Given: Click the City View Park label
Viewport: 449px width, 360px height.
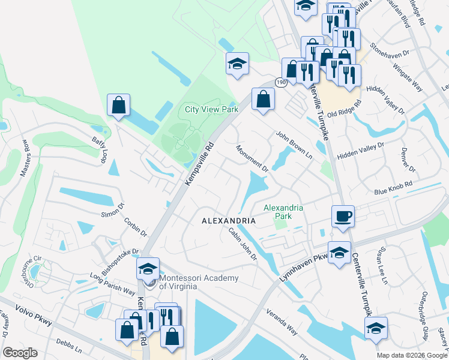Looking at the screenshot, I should pyautogui.click(x=211, y=109).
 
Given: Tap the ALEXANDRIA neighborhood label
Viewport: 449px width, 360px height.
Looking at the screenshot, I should pyautogui.click(x=228, y=221).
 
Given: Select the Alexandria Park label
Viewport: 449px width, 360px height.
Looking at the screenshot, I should pyautogui.click(x=283, y=212).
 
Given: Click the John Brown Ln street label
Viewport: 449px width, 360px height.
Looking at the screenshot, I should pyautogui.click(x=294, y=144).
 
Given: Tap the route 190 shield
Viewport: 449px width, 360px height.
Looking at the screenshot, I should pyautogui.click(x=282, y=81).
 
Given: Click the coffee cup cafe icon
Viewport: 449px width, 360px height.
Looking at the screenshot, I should pyautogui.click(x=343, y=216).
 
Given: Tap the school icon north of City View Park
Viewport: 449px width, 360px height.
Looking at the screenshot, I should pyautogui.click(x=237, y=64).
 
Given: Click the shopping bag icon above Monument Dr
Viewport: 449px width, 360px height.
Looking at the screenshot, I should pyautogui.click(x=263, y=98).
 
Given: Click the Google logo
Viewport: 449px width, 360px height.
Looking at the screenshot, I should pyautogui.click(x=20, y=353).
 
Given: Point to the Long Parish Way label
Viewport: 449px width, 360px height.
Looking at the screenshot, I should pyautogui.click(x=112, y=284).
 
